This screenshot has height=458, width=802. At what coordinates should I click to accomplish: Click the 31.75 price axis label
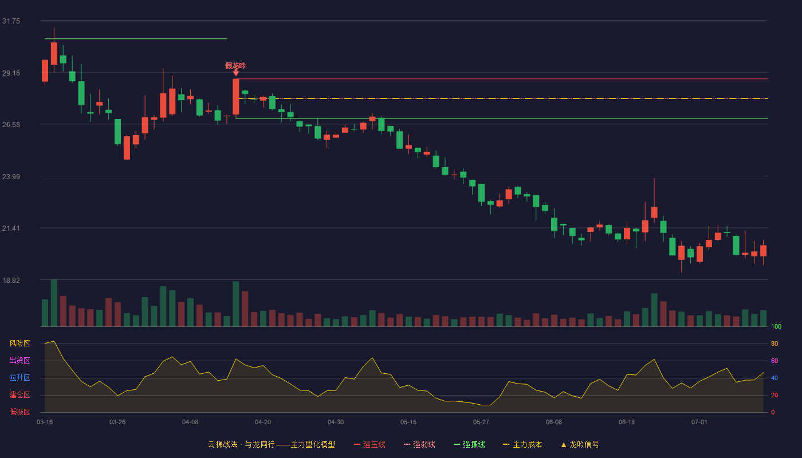tap(11, 21)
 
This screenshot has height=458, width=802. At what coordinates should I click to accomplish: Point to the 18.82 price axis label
tap(11, 280)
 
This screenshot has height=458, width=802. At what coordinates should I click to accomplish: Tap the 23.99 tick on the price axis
tap(11, 177)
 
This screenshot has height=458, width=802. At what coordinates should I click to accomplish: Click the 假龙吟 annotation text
tap(235, 65)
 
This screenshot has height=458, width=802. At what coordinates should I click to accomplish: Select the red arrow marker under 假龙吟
tap(235, 73)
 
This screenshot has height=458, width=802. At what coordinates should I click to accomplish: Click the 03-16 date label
tap(45, 423)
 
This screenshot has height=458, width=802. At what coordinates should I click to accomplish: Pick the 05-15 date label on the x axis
tap(408, 423)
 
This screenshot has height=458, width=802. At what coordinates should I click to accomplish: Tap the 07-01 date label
tap(699, 423)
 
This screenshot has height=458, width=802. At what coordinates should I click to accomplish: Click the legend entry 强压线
tap(369, 444)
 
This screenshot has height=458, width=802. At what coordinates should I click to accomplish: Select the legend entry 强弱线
tap(419, 444)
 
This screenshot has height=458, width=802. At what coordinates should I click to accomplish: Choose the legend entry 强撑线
tap(469, 444)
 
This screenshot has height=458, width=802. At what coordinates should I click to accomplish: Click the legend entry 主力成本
tap(522, 444)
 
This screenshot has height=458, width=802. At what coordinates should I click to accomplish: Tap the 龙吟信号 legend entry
tap(580, 444)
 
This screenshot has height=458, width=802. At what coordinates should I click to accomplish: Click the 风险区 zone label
tap(19, 343)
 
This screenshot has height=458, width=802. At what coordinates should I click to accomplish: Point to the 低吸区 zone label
tap(19, 412)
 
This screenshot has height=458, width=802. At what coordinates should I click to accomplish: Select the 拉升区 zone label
tap(19, 378)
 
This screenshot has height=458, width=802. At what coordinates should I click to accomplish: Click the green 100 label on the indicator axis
tap(776, 326)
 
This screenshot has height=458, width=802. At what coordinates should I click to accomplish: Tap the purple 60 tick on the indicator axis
tap(775, 361)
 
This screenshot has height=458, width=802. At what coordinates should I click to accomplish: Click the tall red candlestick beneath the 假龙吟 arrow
tap(236, 97)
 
